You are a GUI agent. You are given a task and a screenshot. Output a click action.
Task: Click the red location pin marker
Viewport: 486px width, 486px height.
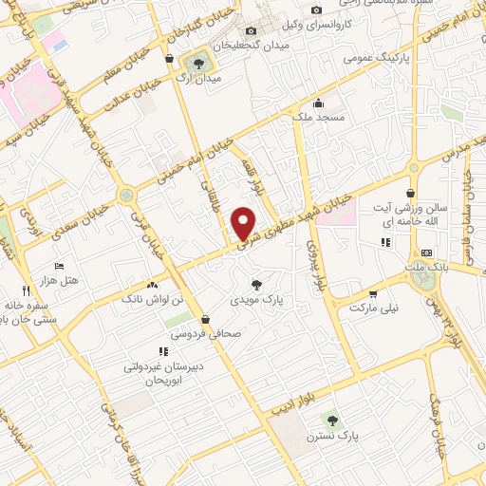[245, 223]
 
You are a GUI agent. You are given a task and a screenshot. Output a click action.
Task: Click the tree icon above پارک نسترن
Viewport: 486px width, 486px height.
[331, 419]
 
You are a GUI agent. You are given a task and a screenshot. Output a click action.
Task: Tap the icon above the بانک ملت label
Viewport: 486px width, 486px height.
[426, 253]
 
